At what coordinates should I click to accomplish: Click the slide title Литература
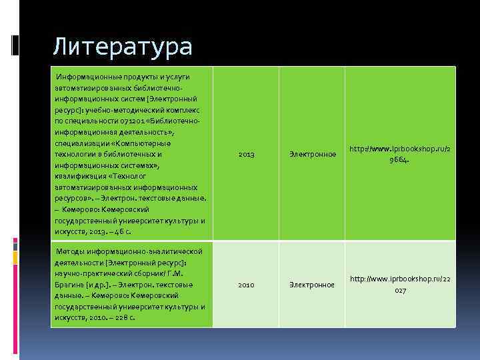(x=122, y=46)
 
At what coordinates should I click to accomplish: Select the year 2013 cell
(x=246, y=155)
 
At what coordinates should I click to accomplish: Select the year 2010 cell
(x=246, y=285)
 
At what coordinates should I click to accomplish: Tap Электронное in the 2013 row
(x=312, y=155)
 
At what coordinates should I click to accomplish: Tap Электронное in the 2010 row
(x=312, y=285)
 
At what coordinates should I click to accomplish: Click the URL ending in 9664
(x=400, y=154)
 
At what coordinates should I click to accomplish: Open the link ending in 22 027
(x=400, y=284)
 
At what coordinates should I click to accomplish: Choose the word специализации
(x=79, y=143)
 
